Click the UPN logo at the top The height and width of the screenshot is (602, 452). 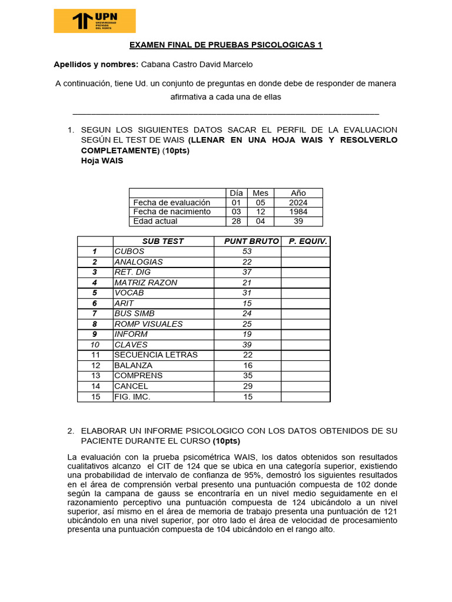(94, 21)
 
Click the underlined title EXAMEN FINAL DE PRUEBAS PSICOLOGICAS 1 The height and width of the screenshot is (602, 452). (225, 45)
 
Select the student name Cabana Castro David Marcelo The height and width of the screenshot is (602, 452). (197, 64)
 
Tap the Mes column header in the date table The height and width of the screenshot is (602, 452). (260, 193)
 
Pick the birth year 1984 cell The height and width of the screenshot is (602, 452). (298, 212)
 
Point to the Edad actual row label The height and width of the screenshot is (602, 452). (155, 221)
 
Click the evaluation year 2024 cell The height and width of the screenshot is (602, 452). (298, 202)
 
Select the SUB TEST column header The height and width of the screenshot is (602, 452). (162, 241)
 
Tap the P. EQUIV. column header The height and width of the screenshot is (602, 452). (307, 241)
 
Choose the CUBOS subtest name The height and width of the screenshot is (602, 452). (129, 251)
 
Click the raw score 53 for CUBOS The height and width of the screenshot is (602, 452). (247, 251)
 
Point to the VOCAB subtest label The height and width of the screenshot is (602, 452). (129, 293)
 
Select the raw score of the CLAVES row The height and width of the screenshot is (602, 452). (247, 345)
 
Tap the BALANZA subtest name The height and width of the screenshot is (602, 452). (133, 365)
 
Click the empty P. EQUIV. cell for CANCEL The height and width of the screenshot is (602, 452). (305, 386)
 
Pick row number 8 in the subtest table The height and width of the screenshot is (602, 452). (94, 324)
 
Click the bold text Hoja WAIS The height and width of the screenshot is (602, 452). (102, 161)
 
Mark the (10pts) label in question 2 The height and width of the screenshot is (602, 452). (227, 441)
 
